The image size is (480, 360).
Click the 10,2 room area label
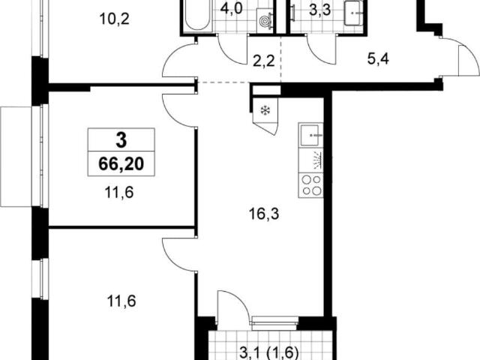click(x=115, y=19)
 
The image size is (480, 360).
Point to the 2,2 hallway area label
click(x=264, y=61)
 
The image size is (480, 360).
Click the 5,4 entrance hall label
click(x=378, y=58)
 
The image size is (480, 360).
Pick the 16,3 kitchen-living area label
click(x=264, y=214)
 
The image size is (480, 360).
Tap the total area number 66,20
click(x=121, y=164)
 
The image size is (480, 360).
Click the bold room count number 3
click(x=121, y=140)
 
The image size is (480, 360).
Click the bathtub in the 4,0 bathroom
click(x=197, y=15)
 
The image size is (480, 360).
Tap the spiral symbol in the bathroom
click(x=263, y=21)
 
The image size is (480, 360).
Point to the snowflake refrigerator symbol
click(x=264, y=110)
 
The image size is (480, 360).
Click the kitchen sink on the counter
click(x=310, y=135)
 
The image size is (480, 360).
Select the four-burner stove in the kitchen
click(x=311, y=185)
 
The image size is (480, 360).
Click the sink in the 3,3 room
click(x=354, y=14)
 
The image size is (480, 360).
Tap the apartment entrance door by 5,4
click(x=460, y=57)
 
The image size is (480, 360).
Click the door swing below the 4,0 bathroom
click(x=232, y=49)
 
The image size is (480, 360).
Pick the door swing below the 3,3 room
click(x=322, y=49)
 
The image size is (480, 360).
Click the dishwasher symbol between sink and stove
click(x=311, y=160)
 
